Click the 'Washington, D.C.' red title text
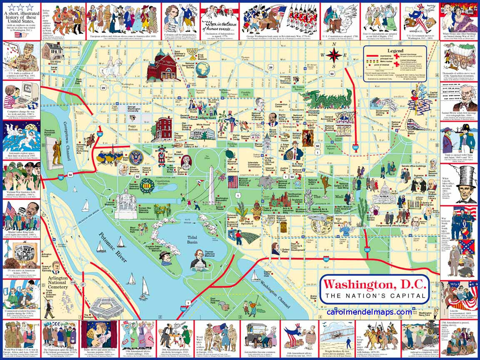[375, 284]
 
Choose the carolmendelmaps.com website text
[369, 312]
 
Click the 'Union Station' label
[411, 132]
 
